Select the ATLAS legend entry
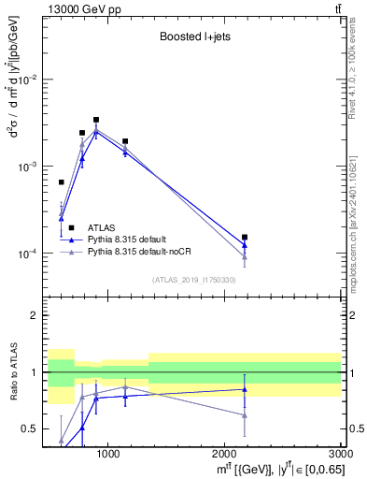[x=102, y=227]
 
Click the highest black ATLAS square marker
[x=96, y=120]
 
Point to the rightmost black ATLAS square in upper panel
[x=245, y=238]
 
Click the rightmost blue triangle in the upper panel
[x=245, y=246]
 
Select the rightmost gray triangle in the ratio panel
[x=245, y=414]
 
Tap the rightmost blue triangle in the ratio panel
[x=245, y=389]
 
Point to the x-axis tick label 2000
[x=225, y=454]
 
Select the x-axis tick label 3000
[x=340, y=454]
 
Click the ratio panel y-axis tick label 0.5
[x=31, y=429]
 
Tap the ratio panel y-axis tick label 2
[x=35, y=316]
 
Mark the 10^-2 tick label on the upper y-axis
[x=29, y=80]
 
